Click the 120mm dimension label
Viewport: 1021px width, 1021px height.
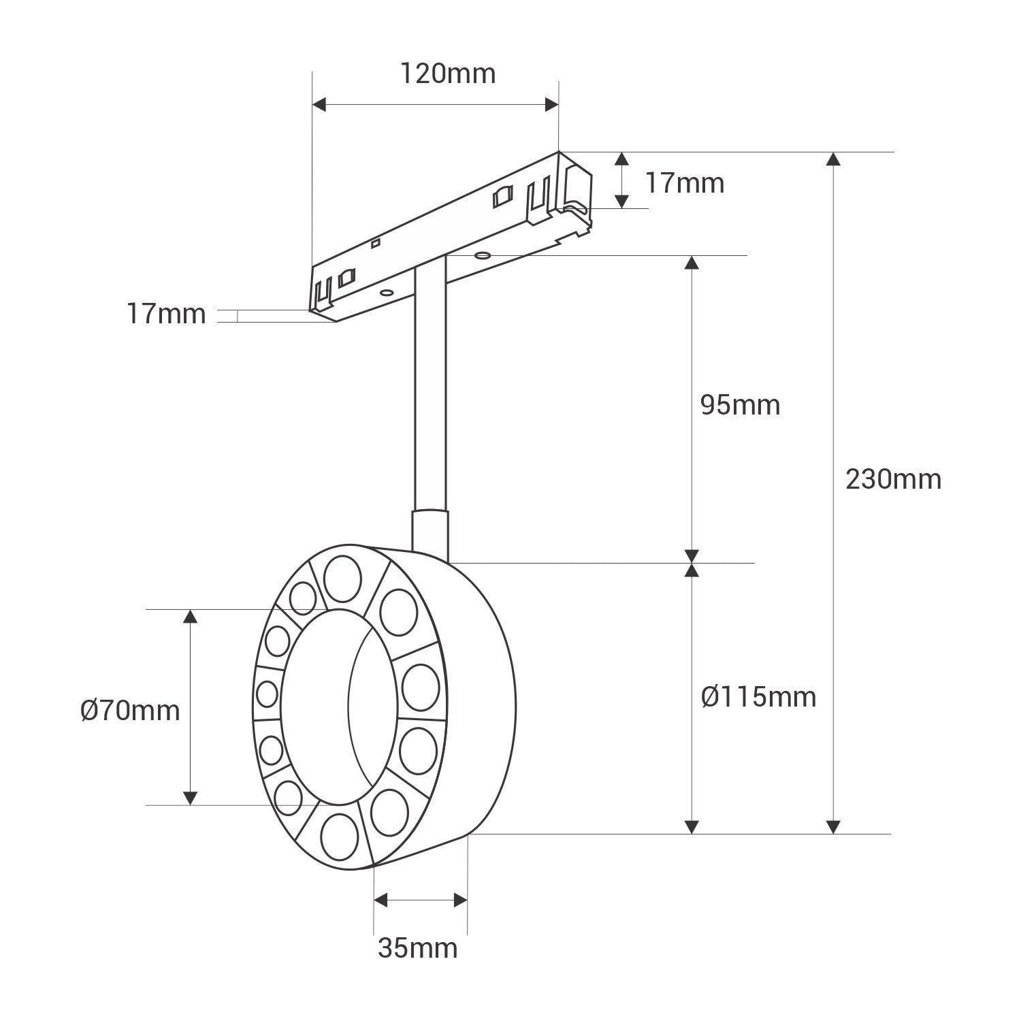447,74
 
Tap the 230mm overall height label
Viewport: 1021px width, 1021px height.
893,479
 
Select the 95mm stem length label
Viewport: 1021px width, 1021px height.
740,405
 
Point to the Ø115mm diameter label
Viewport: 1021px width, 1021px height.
758,696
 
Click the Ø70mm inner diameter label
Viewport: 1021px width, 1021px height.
130,711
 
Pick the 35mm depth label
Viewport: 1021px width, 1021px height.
418,947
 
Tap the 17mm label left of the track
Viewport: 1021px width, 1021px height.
166,314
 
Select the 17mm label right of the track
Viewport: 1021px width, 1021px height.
685,183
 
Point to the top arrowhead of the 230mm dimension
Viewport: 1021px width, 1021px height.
832,159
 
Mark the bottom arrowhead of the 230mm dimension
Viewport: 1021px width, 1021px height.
832,826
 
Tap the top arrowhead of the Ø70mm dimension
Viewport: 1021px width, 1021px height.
191,617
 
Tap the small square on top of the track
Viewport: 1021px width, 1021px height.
374,242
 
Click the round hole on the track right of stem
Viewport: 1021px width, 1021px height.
482,256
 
